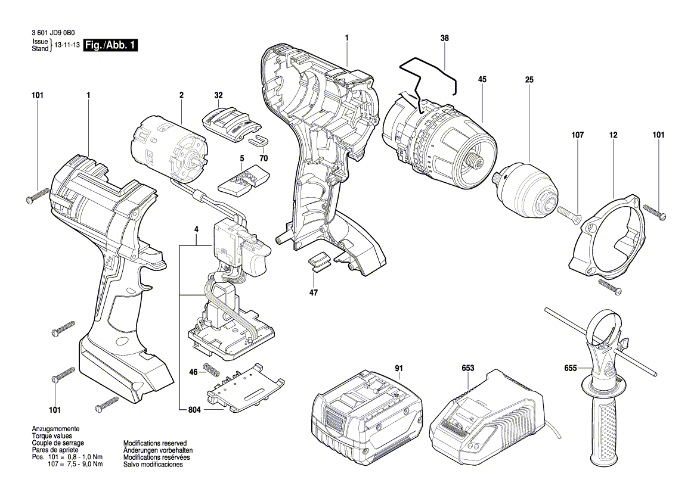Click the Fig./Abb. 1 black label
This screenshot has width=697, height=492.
pyautogui.click(x=111, y=45)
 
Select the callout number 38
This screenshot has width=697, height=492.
pyautogui.click(x=445, y=38)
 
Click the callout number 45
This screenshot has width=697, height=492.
pyautogui.click(x=482, y=79)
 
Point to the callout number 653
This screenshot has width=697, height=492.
pyautogui.click(x=467, y=368)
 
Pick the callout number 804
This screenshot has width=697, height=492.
pyautogui.click(x=195, y=410)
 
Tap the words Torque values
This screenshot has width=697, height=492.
pyautogui.click(x=51, y=436)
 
